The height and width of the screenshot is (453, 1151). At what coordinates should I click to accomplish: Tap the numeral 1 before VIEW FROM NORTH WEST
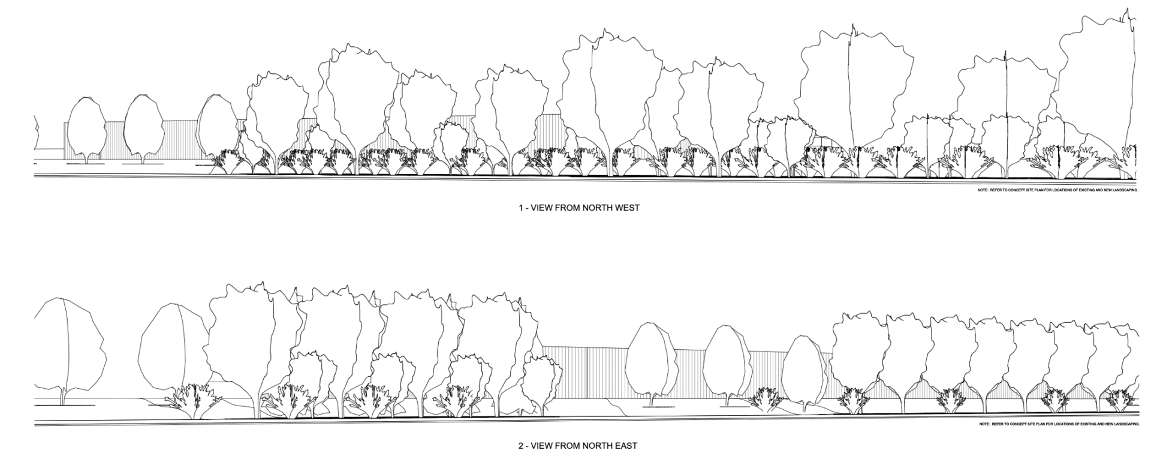(x=521, y=208)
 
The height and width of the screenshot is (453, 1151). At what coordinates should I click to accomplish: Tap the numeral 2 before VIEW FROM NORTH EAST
(x=520, y=445)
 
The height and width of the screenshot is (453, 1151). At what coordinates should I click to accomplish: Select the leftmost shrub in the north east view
(x=193, y=401)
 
